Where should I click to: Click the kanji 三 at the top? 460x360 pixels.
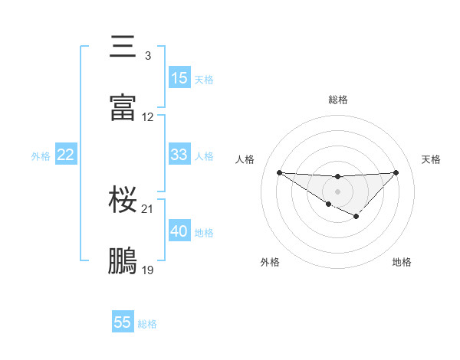[123, 47]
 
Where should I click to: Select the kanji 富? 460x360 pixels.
[123, 107]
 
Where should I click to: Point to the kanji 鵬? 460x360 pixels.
[123, 260]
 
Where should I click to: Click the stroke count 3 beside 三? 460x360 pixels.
[147, 56]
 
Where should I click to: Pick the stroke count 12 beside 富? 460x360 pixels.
[148, 117]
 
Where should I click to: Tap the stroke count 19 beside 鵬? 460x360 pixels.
[148, 270]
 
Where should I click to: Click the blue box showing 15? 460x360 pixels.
[179, 78]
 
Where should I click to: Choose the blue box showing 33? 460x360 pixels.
[179, 155]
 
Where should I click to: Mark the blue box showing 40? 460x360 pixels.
[179, 231]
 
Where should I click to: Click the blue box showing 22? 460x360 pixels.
[66, 155]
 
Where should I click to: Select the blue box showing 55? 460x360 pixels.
[123, 322]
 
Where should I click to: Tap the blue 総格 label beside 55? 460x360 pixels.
[147, 324]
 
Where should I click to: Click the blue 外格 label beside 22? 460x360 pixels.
[41, 156]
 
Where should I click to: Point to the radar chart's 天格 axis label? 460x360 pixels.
[431, 159]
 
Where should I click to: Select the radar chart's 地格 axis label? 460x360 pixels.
[402, 262]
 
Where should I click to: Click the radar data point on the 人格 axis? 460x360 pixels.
[279, 172]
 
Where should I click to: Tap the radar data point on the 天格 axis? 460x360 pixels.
[396, 172]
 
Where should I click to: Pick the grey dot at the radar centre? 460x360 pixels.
[337, 191]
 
